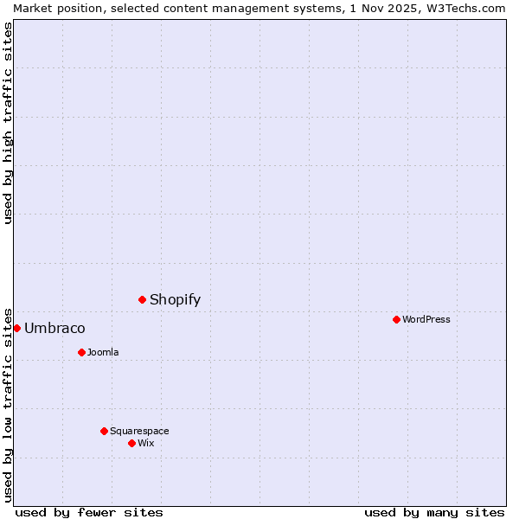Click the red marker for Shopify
(x=142, y=299)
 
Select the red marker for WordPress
(x=396, y=319)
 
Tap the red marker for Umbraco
(x=16, y=328)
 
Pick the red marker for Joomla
(x=81, y=352)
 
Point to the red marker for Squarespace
(x=104, y=431)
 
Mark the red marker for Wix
(x=131, y=443)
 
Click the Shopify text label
(x=175, y=300)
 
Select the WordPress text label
(x=426, y=319)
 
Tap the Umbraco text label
(x=54, y=329)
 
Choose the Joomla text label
(x=103, y=352)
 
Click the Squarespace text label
(x=139, y=431)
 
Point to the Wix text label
(x=146, y=443)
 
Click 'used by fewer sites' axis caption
(x=89, y=512)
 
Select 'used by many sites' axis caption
(x=434, y=512)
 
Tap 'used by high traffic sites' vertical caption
(x=8, y=123)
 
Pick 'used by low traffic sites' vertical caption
(x=8, y=404)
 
